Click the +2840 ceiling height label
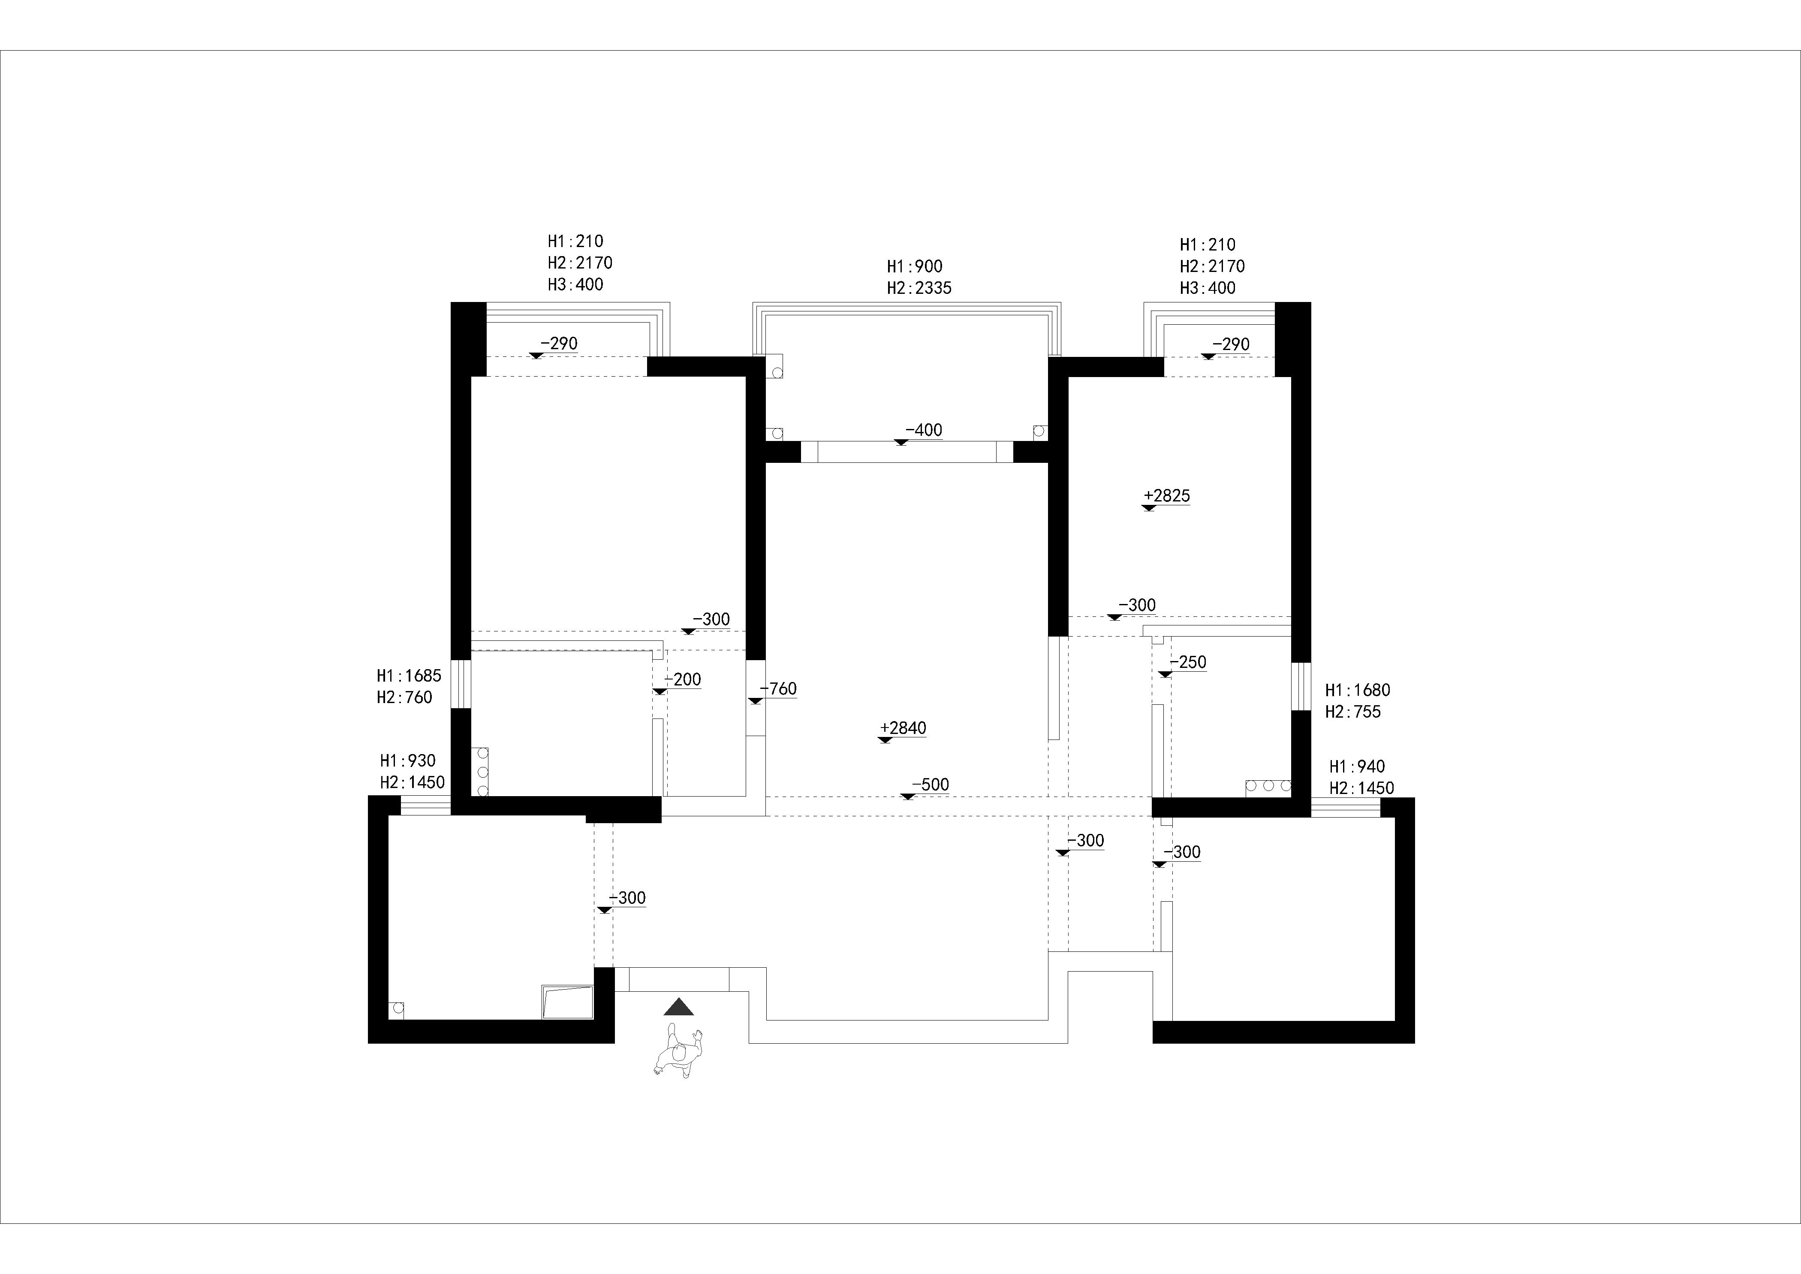tap(903, 728)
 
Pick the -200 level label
tap(682, 679)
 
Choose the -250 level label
tap(1188, 662)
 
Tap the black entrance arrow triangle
tap(678, 1007)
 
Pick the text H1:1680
tap(1357, 690)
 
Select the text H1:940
tap(1357, 767)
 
